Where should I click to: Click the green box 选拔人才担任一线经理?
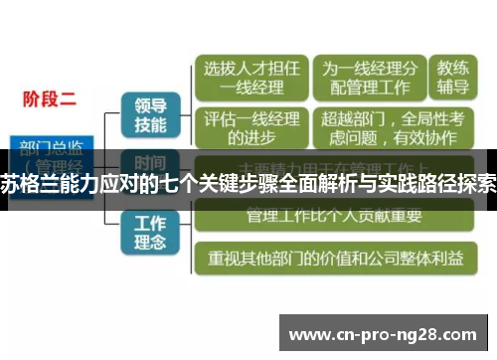251,80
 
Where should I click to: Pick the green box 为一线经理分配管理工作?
367,80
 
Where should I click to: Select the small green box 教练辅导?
452,80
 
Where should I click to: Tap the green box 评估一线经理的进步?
251,126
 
